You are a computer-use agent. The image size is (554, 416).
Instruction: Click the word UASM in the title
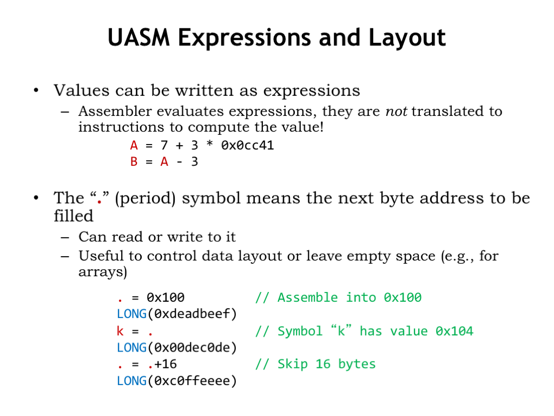click(x=139, y=37)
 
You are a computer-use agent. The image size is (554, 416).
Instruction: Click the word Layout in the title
click(x=407, y=38)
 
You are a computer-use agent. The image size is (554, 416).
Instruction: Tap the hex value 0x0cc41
click(x=247, y=145)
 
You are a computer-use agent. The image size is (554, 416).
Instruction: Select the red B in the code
click(x=134, y=161)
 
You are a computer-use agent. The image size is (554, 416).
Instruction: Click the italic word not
click(x=396, y=112)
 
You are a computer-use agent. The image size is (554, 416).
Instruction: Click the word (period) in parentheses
click(x=145, y=198)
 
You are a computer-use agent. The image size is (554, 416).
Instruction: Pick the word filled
click(x=74, y=216)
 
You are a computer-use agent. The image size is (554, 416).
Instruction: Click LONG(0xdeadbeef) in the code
click(x=177, y=314)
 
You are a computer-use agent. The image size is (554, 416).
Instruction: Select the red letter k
click(x=120, y=331)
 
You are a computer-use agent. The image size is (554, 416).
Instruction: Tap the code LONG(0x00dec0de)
click(x=177, y=348)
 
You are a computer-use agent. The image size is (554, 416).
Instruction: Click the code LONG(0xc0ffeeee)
click(x=177, y=381)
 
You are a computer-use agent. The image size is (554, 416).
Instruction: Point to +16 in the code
click(x=166, y=364)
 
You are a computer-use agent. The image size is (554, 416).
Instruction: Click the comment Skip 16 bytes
click(x=326, y=365)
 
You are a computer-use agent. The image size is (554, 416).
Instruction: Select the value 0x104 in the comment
click(x=454, y=331)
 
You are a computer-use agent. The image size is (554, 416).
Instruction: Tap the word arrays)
click(x=102, y=272)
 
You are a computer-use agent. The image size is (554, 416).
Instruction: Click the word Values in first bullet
click(x=81, y=90)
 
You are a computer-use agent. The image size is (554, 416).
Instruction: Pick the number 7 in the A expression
click(x=164, y=145)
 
